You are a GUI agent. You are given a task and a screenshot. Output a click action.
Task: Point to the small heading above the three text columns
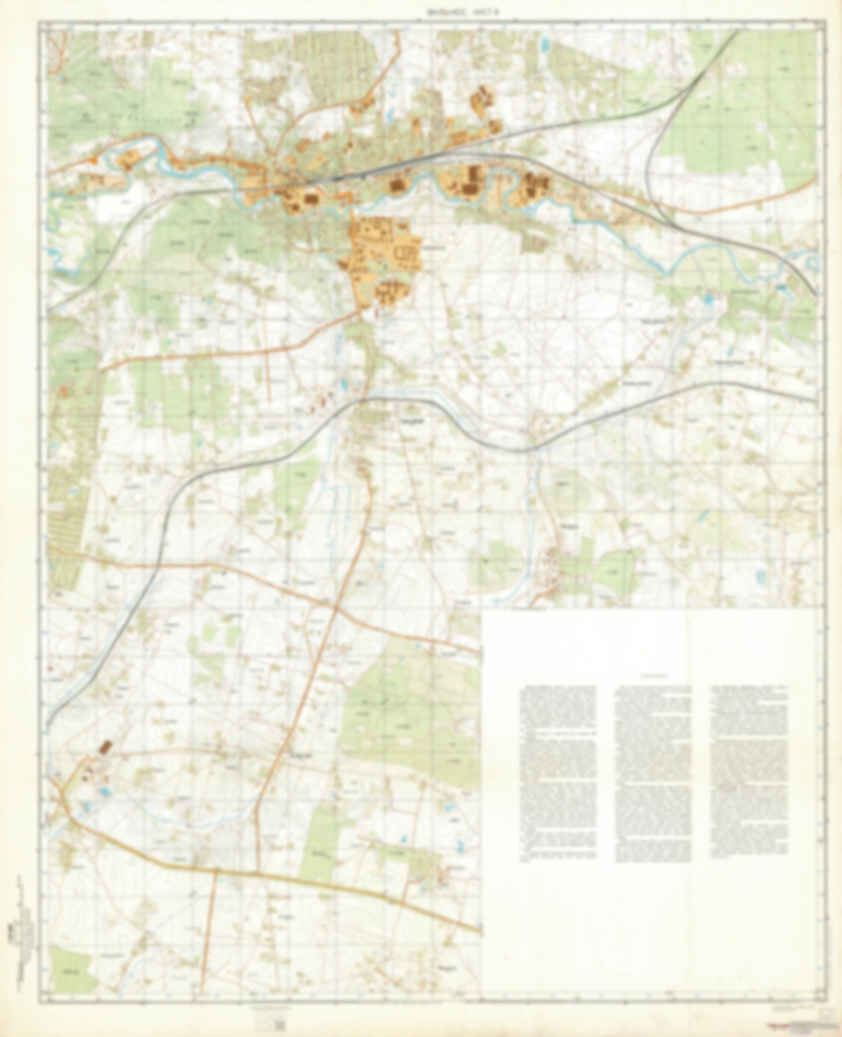653,677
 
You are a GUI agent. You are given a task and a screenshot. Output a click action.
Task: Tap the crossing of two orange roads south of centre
335,607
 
